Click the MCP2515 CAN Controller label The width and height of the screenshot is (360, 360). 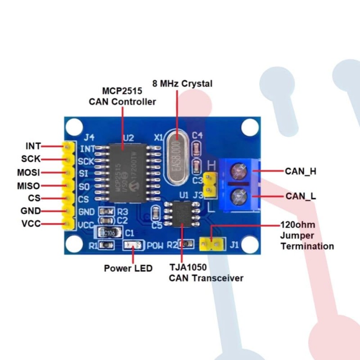[x=122, y=96]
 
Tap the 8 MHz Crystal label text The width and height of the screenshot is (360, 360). [x=182, y=84]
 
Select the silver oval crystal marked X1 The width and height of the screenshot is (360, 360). [x=177, y=157]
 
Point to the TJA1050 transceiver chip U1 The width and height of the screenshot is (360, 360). [x=182, y=215]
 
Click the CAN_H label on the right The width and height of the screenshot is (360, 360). [x=300, y=171]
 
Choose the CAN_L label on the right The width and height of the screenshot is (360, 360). [x=300, y=196]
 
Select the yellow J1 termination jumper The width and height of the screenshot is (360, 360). [x=211, y=244]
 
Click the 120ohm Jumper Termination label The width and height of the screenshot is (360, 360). [x=307, y=235]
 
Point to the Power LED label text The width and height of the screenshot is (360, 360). [x=128, y=268]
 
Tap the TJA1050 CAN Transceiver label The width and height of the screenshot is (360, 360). [x=206, y=272]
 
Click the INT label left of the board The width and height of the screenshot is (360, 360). [x=33, y=146]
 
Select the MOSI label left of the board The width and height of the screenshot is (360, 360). [x=28, y=172]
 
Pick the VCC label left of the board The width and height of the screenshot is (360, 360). [x=31, y=223]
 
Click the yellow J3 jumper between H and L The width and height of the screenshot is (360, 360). [x=209, y=185]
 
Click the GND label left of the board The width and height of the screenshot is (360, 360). [x=31, y=211]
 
